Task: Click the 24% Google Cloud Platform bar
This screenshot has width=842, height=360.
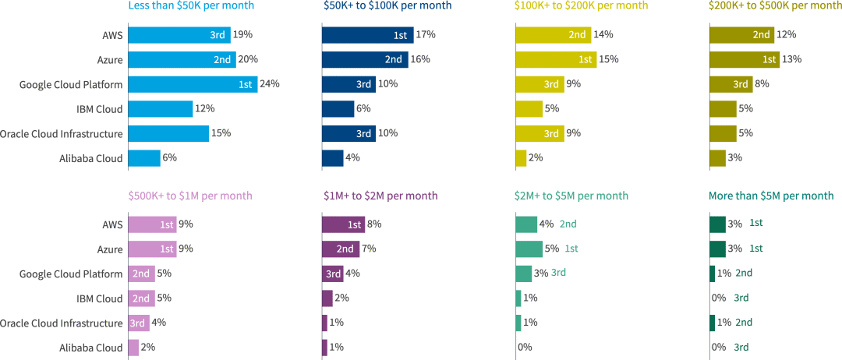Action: tap(193, 84)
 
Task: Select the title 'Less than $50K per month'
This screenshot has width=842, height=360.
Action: tap(191, 5)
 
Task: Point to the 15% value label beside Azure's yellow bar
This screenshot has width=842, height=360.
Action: tap(609, 59)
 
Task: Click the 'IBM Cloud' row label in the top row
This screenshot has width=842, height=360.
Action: tap(99, 109)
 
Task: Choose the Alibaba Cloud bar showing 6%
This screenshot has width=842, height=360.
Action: tap(144, 158)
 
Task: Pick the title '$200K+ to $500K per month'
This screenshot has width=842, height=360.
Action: tap(775, 5)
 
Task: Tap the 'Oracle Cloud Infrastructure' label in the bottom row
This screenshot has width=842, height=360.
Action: tap(62, 323)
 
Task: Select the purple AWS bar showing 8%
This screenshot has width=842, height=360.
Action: tap(343, 224)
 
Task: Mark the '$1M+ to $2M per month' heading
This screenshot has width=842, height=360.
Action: tap(380, 196)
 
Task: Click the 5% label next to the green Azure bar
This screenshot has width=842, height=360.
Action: tap(552, 249)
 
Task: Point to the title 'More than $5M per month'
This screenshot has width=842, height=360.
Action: tap(771, 196)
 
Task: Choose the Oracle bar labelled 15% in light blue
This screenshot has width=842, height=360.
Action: tap(168, 133)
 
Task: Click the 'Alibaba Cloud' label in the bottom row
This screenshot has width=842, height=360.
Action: tap(91, 348)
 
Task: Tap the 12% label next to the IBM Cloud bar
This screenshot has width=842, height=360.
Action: tap(206, 109)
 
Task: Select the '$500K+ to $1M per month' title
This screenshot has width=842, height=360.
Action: tap(190, 196)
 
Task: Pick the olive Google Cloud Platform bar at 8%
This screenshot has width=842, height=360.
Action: tap(731, 84)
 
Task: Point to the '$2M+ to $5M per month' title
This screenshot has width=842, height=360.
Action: tap(571, 196)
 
